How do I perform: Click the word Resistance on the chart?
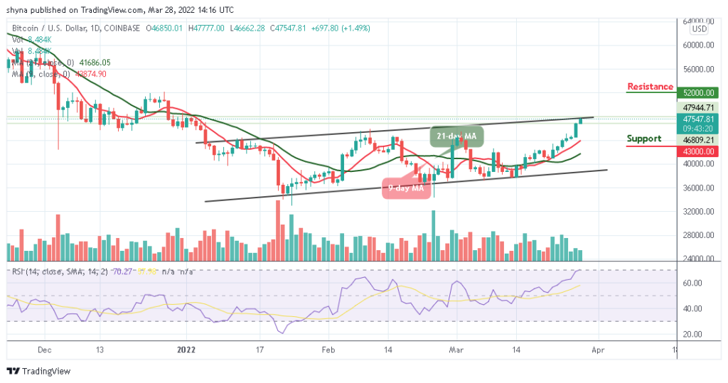pos(650,87)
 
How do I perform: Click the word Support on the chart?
pos(643,139)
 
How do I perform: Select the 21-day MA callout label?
pos(456,134)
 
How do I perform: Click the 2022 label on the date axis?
pos(186,350)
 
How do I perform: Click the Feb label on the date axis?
pos(327,350)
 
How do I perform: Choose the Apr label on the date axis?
pos(599,350)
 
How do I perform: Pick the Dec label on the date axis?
pos(44,350)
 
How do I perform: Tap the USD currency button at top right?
pos(699,29)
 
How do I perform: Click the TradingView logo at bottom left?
pos(39,371)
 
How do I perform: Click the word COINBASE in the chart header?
pos(123,28)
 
